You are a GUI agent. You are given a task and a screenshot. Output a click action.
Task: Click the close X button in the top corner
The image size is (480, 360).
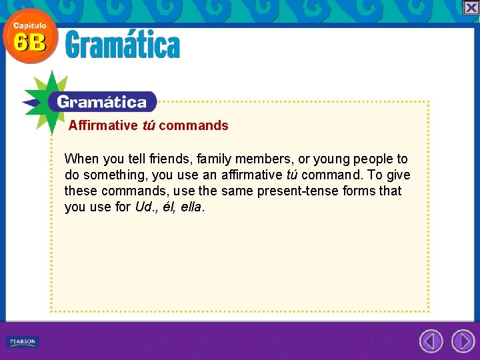coord(471,7)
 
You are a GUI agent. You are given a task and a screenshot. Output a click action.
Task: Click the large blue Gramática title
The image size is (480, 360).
coord(123,46)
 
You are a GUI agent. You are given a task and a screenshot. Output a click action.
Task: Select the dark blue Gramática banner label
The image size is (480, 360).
coord(102,102)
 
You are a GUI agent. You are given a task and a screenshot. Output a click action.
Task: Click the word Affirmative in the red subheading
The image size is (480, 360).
coord(103,125)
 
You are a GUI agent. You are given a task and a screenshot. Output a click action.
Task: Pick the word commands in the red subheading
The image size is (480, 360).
coord(193,125)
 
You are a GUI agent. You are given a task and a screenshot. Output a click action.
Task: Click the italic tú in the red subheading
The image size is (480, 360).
coord(149,125)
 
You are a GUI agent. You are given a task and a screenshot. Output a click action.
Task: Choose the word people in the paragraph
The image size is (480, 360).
coord(373,159)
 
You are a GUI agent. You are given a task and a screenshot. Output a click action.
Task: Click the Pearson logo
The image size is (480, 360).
coord(23,342)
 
